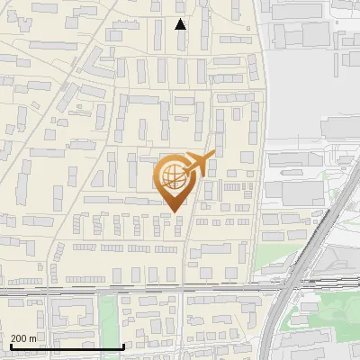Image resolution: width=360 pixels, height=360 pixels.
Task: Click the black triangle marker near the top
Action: [x=181, y=24]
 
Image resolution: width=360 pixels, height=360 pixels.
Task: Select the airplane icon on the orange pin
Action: [x=197, y=165]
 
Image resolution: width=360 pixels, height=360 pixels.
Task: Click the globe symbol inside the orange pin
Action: [x=172, y=177]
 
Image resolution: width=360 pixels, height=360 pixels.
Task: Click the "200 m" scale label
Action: [x=24, y=337]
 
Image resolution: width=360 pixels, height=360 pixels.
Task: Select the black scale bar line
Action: [x=67, y=346]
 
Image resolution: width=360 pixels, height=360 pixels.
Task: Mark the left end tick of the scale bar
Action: [x=10, y=346]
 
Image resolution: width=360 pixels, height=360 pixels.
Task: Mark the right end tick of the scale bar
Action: [x=123, y=346]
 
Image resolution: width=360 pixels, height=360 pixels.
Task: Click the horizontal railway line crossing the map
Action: [x=135, y=290]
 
